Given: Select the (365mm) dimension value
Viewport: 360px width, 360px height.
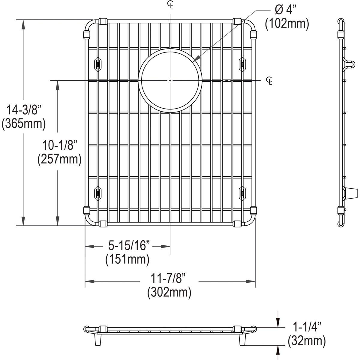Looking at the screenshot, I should click(23, 124).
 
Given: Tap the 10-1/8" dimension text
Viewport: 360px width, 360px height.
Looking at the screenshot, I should click(60, 146).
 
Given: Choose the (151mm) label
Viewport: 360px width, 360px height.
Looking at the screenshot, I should click(127, 259).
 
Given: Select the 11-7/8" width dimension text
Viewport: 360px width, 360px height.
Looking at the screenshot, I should click(169, 279).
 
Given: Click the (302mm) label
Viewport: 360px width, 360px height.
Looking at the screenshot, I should click(169, 292).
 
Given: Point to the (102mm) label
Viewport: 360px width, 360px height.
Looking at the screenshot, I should click(287, 24).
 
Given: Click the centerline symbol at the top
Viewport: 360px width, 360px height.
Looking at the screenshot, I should click(170, 4).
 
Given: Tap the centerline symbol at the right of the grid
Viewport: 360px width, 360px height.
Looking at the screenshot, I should click(269, 80).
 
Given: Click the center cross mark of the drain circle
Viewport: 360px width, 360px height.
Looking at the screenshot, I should click(170, 80).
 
